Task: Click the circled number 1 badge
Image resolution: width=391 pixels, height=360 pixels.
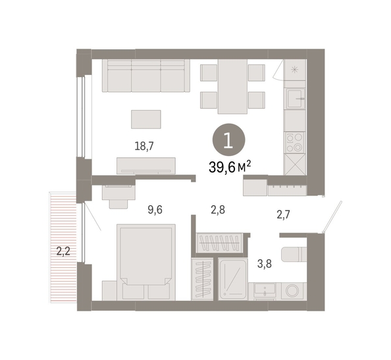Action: coord(228,140)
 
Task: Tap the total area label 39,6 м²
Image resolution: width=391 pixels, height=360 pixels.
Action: coord(230,167)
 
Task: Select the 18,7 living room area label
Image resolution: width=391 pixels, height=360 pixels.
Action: coord(144,146)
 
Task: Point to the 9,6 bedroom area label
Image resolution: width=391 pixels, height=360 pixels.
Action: coord(155,210)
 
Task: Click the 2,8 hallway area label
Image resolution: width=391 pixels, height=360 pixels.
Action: coord(218,210)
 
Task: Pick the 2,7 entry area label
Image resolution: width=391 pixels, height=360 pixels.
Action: coord(284,215)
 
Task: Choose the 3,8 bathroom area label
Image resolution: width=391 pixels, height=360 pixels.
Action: coord(265,263)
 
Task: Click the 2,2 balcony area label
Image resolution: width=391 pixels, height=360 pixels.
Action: coord(63,251)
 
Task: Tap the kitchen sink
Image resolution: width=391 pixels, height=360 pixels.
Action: coord(296,99)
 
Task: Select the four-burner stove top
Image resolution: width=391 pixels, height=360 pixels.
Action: coord(295,142)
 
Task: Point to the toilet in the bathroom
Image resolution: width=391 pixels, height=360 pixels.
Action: coord(294,254)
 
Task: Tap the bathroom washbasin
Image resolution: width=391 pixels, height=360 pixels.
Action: coord(265,290)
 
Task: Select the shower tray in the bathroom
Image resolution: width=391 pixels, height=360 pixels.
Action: coord(233,279)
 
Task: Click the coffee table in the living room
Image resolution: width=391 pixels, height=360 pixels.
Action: coord(146,119)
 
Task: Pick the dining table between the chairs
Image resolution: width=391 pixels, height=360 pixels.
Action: coord(232,86)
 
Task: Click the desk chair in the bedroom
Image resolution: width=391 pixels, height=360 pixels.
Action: coord(118,203)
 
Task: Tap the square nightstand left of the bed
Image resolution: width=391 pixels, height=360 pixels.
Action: coord(109,290)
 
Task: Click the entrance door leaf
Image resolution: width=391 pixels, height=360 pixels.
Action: coord(332,217)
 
